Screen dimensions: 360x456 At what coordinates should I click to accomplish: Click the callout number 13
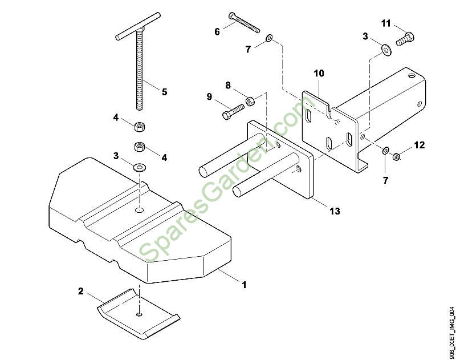click(335, 211)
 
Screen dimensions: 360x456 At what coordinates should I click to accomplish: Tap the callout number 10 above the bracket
click(319, 73)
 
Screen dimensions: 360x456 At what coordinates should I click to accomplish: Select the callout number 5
click(164, 91)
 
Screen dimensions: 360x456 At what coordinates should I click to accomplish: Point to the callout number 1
click(245, 284)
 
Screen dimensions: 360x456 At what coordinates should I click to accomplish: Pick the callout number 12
click(420, 145)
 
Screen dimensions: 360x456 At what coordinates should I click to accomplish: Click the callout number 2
click(81, 291)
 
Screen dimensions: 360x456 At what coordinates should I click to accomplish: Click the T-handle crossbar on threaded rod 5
click(137, 35)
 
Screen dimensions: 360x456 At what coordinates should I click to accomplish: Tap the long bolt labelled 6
click(243, 21)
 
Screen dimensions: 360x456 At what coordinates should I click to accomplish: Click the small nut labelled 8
click(250, 102)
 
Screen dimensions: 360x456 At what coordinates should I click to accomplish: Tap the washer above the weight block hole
click(140, 167)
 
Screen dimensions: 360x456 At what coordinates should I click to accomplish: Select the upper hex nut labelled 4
click(139, 126)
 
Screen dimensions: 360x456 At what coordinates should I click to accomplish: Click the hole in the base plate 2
click(139, 314)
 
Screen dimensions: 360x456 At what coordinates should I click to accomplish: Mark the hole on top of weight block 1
click(140, 211)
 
